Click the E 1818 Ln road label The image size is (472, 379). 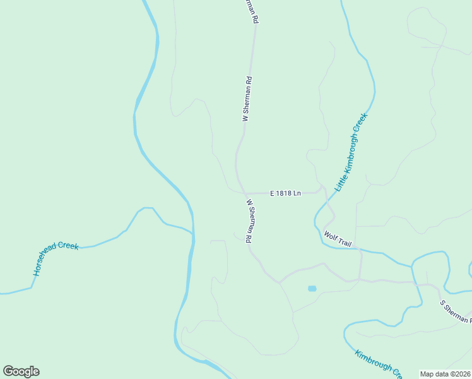pos(285,193)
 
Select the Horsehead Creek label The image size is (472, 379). pos(56,258)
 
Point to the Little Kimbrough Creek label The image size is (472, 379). pos(350,152)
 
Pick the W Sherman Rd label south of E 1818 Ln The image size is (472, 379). pos(250,222)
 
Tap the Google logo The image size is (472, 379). pos(21,371)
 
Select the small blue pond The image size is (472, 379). pos(312,289)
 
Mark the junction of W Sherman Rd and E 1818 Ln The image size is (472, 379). pos(244,193)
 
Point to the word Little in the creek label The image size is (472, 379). pos(340,184)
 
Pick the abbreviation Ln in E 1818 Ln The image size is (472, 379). pos(297,193)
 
